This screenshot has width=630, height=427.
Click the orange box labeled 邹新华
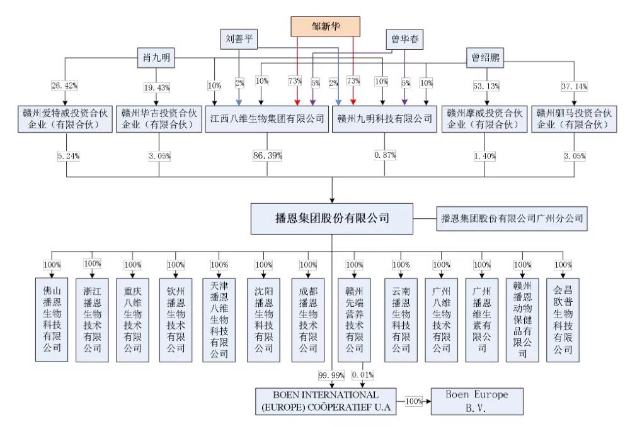click(325, 26)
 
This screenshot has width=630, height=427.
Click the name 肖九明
click(156, 59)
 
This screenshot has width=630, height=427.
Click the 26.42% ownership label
click(64, 86)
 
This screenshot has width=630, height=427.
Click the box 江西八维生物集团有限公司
click(267, 118)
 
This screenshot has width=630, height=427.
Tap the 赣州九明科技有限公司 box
click(384, 118)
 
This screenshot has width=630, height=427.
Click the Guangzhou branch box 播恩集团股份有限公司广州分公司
click(511, 219)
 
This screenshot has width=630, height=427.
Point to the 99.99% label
click(326, 375)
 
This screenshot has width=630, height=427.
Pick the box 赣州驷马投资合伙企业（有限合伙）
click(573, 118)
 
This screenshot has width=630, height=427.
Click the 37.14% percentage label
click(573, 86)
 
